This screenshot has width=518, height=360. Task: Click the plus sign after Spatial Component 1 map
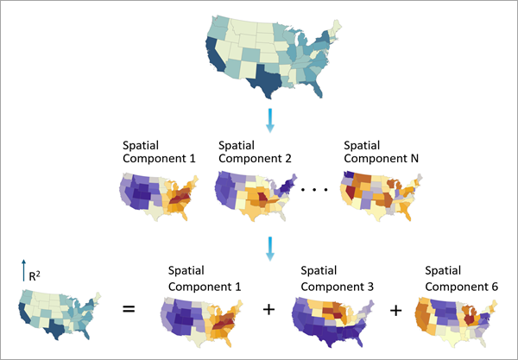pos(268,308)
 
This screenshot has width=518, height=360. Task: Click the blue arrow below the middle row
pos(269,249)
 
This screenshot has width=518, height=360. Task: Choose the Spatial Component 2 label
pos(255,152)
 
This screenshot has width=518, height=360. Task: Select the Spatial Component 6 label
pos(462,278)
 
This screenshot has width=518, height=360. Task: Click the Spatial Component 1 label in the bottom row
pos(203,278)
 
